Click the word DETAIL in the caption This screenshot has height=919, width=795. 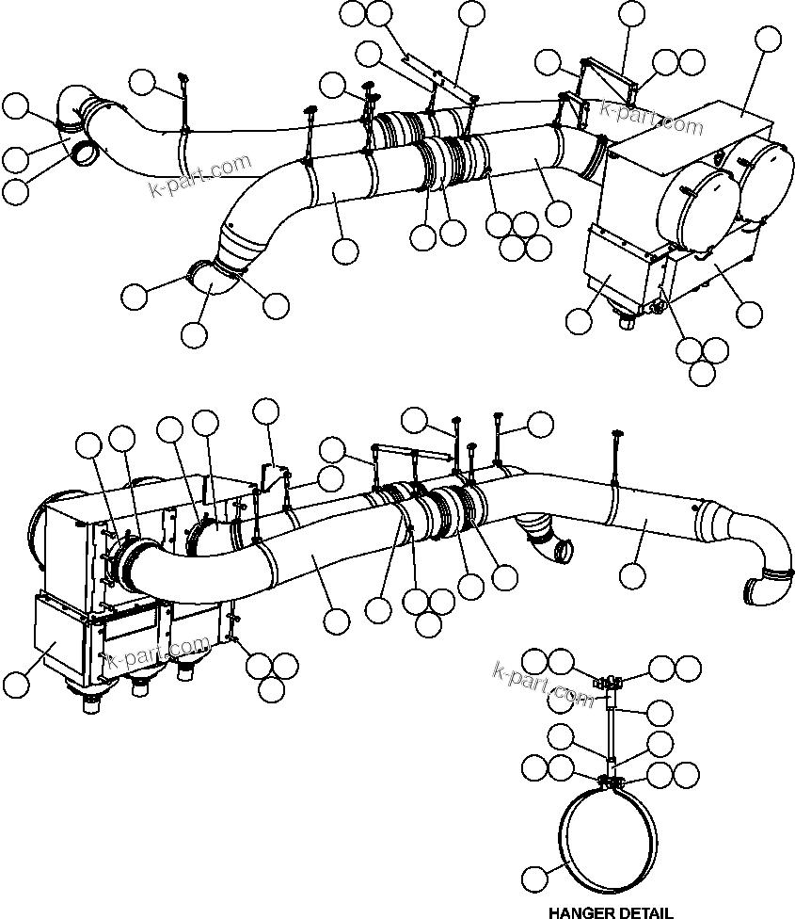click(647, 911)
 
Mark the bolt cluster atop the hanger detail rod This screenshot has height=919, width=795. click(609, 680)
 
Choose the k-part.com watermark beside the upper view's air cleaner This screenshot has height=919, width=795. click(653, 118)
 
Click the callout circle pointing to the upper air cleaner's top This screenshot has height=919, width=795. click(768, 40)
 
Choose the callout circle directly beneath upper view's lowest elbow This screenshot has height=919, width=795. click(194, 333)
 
